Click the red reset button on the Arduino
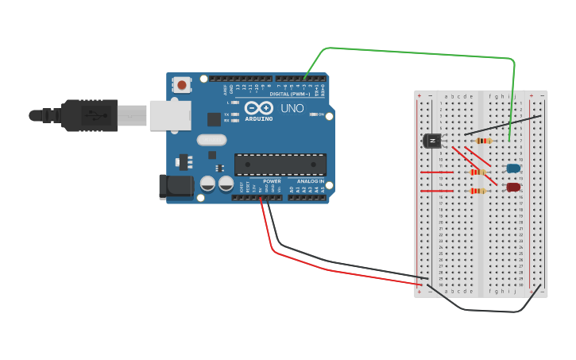click(182, 84)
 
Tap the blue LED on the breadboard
click(513, 168)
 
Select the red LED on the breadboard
click(513, 188)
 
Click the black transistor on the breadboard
click(432, 141)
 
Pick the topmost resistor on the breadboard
click(482, 141)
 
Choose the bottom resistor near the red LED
click(477, 191)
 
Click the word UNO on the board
click(292, 108)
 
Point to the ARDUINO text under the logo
click(259, 118)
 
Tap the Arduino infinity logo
click(259, 107)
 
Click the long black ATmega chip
click(280, 165)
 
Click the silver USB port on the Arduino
click(170, 115)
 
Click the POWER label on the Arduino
click(272, 181)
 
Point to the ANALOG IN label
click(311, 181)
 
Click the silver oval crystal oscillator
click(211, 140)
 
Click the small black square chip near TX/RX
click(214, 119)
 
